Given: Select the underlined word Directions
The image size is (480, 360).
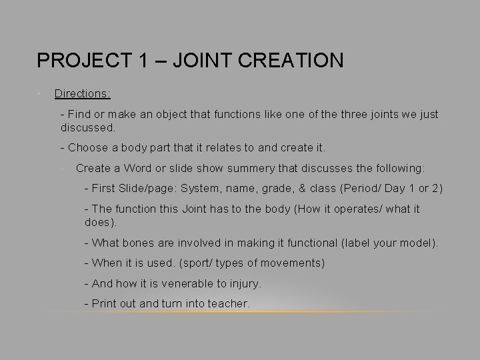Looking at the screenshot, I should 81,94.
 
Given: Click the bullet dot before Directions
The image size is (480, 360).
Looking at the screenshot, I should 40,93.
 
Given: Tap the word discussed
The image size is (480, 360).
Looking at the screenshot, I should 87,126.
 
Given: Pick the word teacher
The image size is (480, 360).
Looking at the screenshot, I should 229,303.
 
